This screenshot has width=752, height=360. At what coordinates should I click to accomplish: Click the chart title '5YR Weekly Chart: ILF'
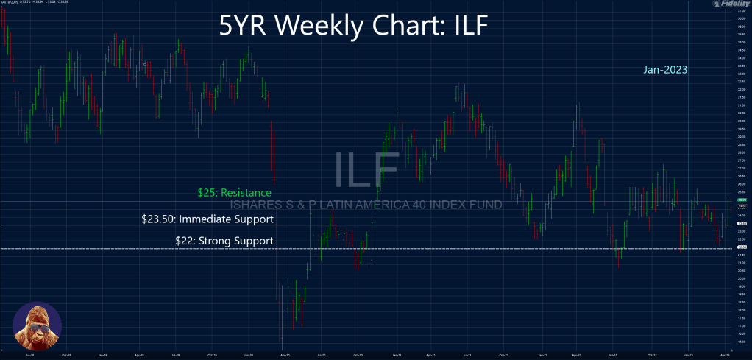pos(354,27)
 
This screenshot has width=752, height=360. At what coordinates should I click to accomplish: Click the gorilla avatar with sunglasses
pos(37,325)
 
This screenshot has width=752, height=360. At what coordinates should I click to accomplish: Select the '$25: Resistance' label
pos(230,193)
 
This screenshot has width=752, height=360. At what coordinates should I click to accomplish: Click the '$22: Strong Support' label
pos(224,241)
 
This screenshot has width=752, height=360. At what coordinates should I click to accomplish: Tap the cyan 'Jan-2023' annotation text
pos(664,71)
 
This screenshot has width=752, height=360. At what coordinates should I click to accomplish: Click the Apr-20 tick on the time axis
pos(283,353)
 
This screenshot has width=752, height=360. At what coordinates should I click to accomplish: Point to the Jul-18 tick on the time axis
pos(29,353)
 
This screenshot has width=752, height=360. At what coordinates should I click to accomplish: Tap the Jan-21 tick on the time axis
pos(397,353)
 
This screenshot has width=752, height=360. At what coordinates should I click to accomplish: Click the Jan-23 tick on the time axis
pos(688,353)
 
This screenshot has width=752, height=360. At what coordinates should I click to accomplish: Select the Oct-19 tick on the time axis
pos(211,353)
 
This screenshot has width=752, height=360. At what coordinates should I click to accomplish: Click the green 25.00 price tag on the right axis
pos(742,200)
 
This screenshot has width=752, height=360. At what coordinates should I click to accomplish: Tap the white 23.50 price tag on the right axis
pos(742,225)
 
